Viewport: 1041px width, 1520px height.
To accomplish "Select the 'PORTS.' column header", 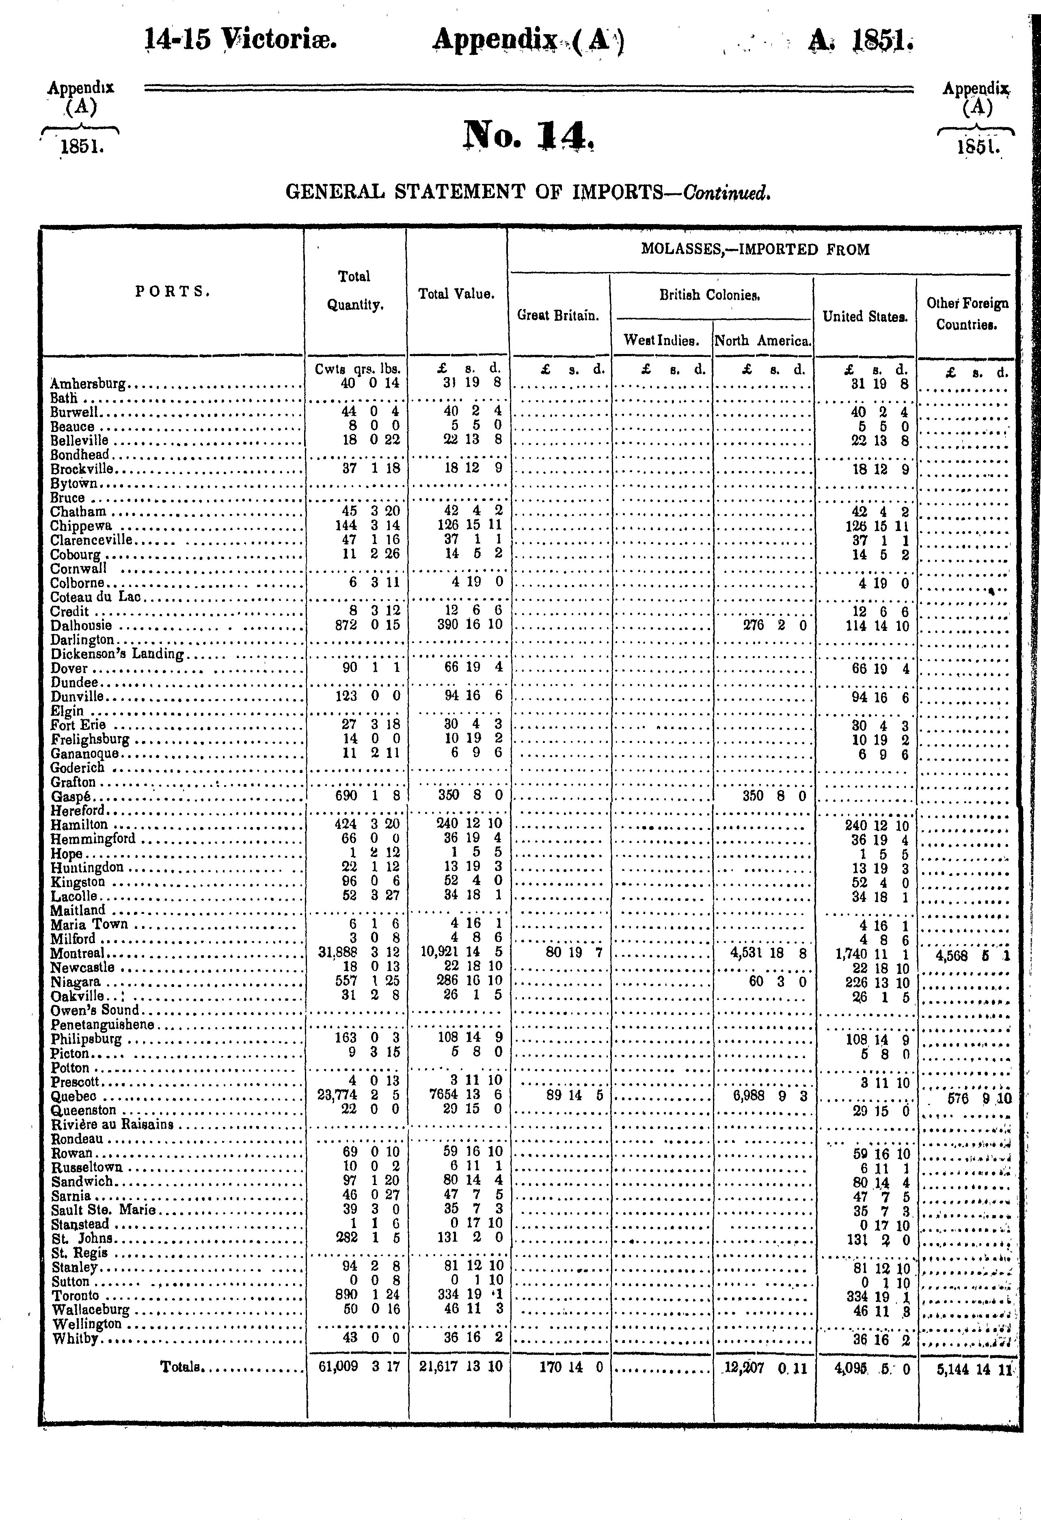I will pyautogui.click(x=173, y=292).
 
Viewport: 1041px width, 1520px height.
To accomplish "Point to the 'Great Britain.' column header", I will pyautogui.click(x=558, y=315).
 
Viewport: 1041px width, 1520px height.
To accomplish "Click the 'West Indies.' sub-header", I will pyautogui.click(x=661, y=340).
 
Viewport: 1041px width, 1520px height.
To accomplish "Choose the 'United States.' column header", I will pyautogui.click(x=864, y=317).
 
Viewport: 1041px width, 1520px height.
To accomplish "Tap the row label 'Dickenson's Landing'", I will pyautogui.click(x=117, y=653).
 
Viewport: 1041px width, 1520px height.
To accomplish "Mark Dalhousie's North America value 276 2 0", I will pyautogui.click(x=775, y=625).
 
